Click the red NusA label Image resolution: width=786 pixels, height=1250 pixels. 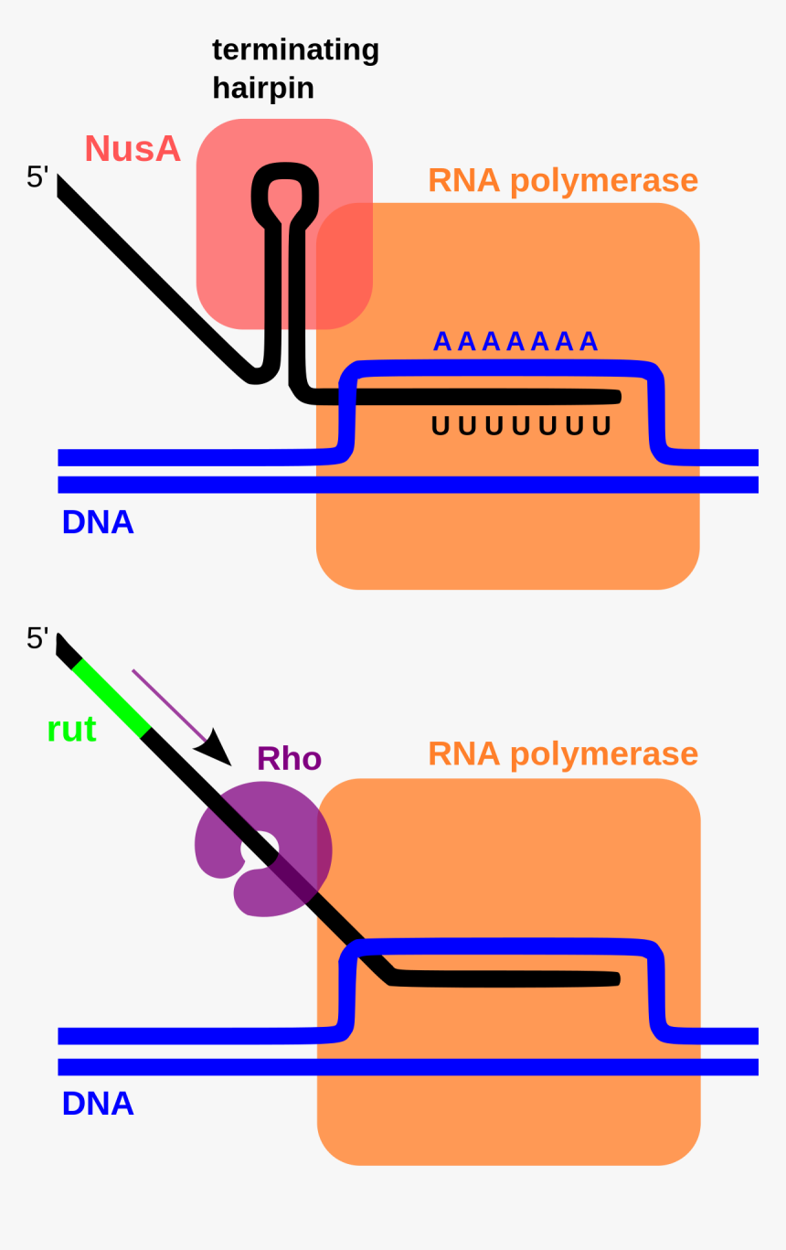coord(133,149)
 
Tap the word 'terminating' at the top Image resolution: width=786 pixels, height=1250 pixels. coord(295,49)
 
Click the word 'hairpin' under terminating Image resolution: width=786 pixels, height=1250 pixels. coord(263,88)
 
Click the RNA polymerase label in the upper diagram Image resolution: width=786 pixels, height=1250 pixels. coord(562,180)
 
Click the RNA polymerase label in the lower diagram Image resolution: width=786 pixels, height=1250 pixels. coord(562,753)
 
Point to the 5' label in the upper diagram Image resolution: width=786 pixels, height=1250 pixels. coord(37,176)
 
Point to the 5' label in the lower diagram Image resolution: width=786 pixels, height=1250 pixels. coord(37,637)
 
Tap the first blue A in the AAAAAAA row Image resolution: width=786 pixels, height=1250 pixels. coord(442,341)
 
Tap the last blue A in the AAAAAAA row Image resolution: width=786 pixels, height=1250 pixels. coord(589,341)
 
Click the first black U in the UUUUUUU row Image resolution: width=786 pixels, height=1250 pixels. coord(441,426)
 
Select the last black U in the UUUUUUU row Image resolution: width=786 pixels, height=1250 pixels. coord(601,426)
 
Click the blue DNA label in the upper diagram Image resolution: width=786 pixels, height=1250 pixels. coord(98,522)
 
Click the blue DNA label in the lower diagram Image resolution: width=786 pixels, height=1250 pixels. coord(98,1104)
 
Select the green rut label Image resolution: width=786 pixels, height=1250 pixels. coord(71,730)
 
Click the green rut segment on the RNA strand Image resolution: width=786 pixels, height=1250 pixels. coord(112,698)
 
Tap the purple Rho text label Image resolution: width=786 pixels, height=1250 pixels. coord(289,759)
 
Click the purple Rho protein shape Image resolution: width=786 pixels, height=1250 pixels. coord(219,846)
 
